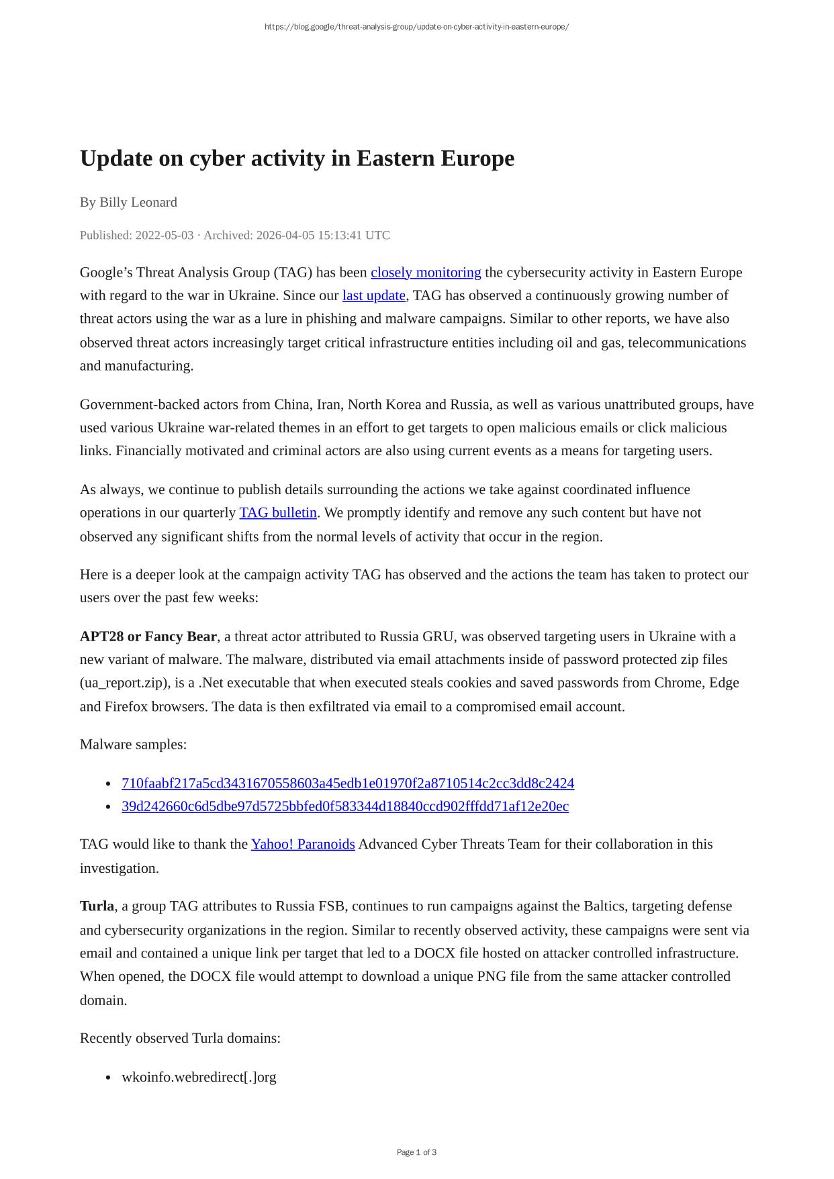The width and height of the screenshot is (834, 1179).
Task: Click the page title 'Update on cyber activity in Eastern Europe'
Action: pos(297,158)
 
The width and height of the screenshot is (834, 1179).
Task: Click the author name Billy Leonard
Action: pos(138,202)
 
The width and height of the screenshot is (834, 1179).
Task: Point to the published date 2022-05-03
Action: pos(164,235)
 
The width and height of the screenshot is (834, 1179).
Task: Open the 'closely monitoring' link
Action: pos(425,273)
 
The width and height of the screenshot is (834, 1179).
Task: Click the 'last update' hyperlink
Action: pos(373,295)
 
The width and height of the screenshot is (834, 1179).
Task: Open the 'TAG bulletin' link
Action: pos(277,513)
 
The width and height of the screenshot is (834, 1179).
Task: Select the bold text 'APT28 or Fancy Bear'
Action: pos(148,636)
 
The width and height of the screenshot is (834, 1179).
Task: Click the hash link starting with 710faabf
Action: pos(347,784)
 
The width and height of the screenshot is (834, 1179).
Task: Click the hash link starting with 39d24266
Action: pos(344,806)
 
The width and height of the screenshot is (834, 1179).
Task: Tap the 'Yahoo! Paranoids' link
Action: pos(302,844)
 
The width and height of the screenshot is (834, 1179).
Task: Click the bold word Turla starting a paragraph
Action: pos(97,906)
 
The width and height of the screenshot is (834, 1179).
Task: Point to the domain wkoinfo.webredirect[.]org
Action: pos(199,1077)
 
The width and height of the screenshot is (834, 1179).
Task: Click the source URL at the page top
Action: pos(416,27)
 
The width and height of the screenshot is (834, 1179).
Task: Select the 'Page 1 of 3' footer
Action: pos(416,1152)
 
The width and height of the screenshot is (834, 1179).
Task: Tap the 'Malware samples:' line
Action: pos(133,745)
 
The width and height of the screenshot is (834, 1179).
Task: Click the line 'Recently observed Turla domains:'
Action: pos(180,1038)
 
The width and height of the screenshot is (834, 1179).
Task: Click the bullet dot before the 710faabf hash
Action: pos(108,784)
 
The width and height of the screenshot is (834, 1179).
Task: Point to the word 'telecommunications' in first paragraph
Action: pos(686,342)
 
